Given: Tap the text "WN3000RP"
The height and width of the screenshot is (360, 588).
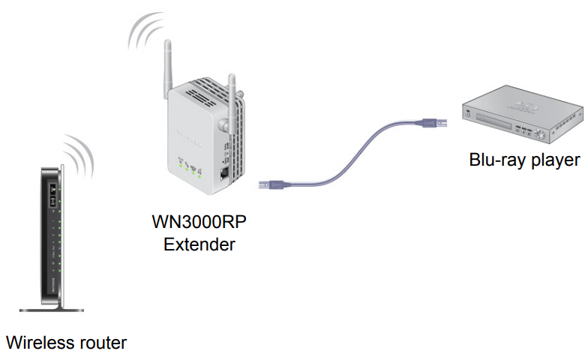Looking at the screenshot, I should pyautogui.click(x=199, y=223).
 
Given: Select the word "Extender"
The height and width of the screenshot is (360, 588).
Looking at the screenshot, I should pyautogui.click(x=199, y=244).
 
